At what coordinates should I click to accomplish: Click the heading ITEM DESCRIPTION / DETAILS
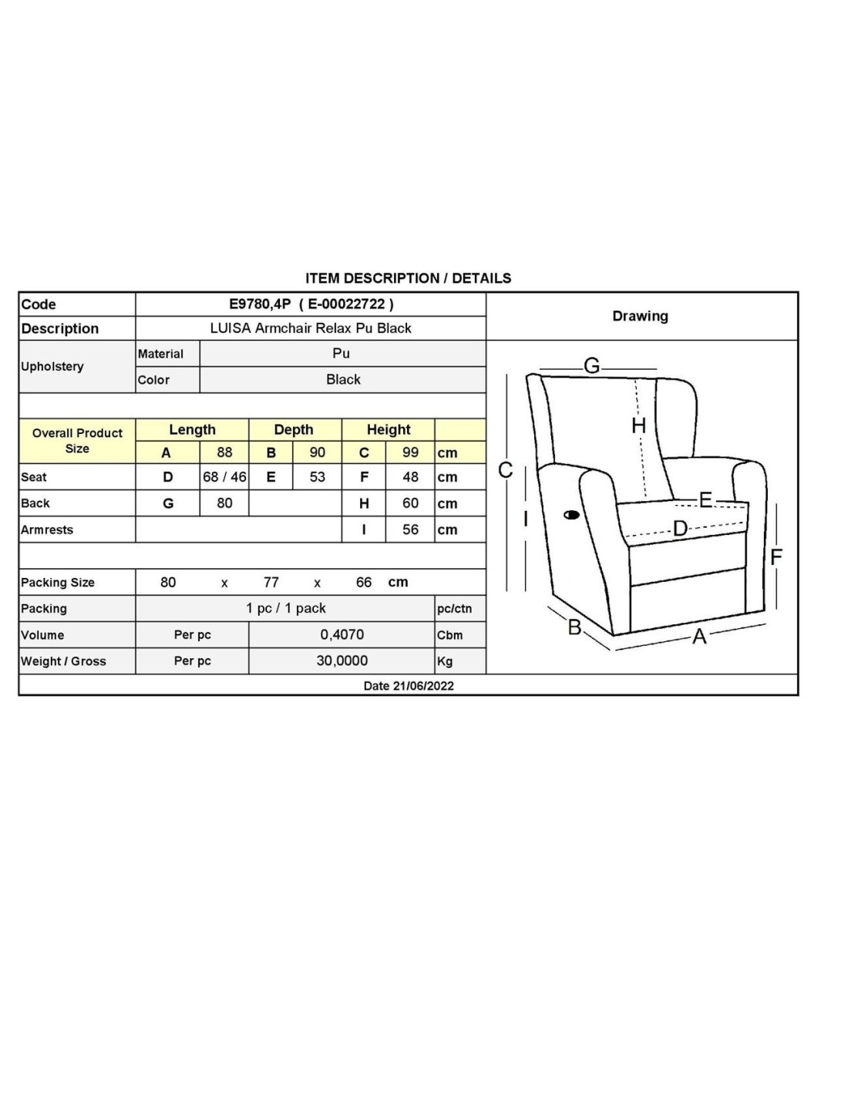click(408, 278)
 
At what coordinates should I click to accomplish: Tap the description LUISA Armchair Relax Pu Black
click(311, 328)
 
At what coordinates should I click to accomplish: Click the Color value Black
click(343, 379)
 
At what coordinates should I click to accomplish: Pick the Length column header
click(192, 429)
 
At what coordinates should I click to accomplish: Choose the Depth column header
click(294, 429)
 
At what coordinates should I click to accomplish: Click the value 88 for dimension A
click(224, 452)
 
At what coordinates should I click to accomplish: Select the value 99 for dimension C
click(410, 452)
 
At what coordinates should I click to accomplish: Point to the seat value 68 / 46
click(224, 477)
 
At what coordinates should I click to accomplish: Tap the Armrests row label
click(47, 530)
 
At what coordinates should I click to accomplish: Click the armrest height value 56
click(410, 530)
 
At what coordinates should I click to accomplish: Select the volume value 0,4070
click(342, 634)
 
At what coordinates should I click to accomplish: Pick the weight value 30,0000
click(342, 661)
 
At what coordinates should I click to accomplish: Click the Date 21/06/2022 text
click(409, 686)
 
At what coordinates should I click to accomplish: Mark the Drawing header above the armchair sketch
click(640, 316)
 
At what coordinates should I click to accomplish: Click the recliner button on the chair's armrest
click(571, 514)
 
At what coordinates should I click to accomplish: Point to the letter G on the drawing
click(592, 366)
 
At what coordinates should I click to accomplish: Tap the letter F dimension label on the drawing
click(776, 556)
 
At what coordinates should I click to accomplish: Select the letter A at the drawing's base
click(699, 637)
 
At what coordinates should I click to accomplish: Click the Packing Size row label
click(58, 583)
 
